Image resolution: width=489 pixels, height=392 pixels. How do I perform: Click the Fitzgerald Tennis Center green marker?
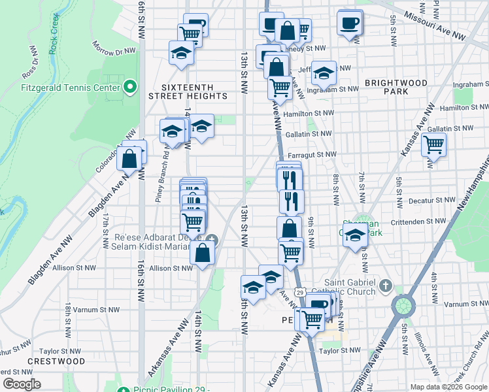point(130,87)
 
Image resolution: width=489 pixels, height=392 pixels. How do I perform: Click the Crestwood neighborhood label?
point(56,361)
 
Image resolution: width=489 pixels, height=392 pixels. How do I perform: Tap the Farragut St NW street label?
point(312,155)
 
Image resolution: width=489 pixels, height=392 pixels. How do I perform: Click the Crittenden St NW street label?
point(416,223)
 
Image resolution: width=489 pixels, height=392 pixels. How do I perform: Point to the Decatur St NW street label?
point(426,202)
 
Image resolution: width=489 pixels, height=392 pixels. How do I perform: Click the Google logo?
point(22,384)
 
